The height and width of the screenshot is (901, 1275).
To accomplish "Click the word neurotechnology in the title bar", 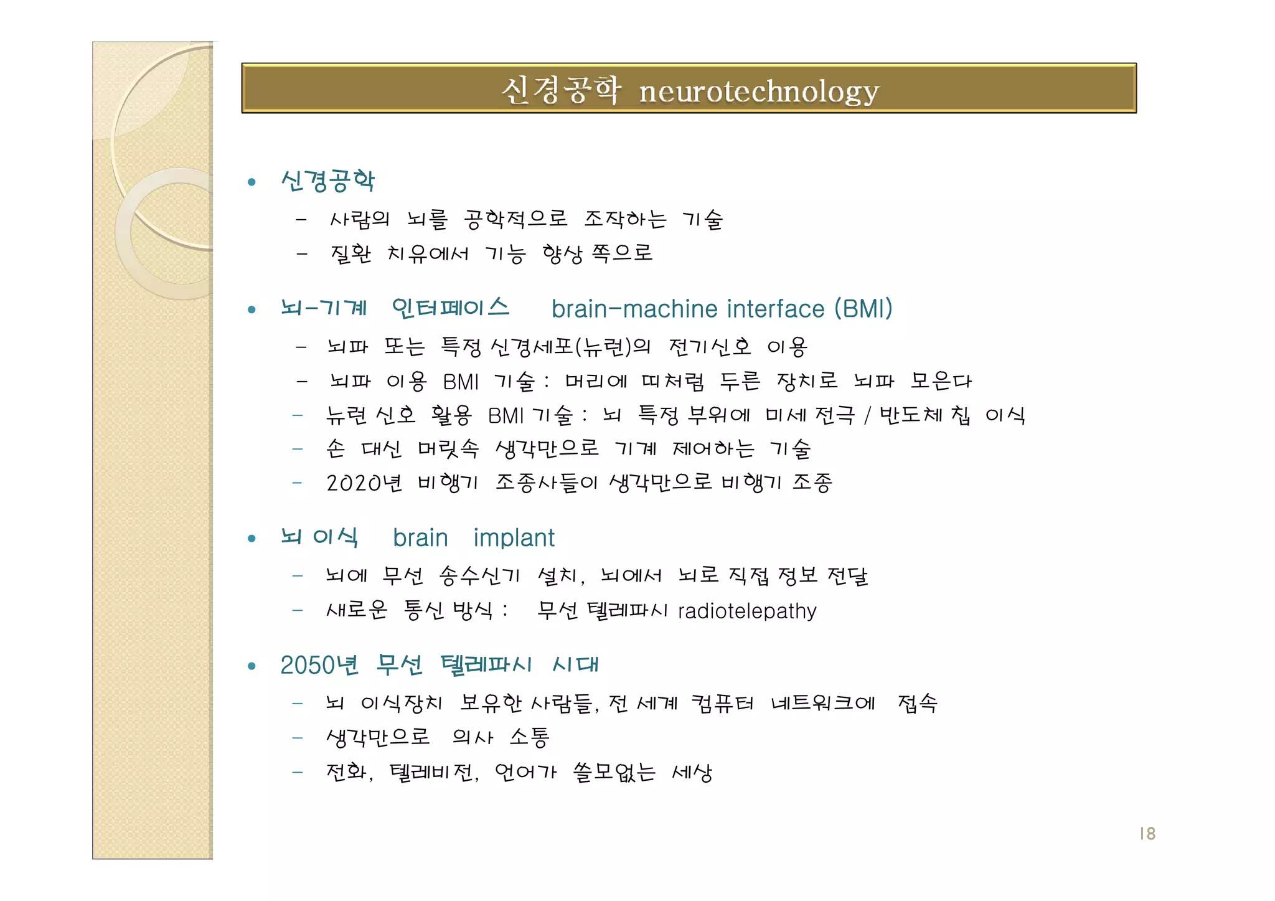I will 759,92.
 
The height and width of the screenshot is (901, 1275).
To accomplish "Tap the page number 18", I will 1147,834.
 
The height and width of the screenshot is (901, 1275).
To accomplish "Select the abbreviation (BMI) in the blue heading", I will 863,309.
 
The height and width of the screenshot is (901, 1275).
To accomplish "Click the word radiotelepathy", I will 747,611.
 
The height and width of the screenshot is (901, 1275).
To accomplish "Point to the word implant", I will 514,538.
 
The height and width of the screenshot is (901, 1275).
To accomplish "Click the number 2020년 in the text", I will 364,483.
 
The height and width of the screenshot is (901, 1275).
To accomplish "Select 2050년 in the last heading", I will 319,665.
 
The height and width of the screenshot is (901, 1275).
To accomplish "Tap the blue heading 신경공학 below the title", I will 328,181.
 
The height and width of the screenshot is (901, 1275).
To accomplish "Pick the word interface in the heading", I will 776,309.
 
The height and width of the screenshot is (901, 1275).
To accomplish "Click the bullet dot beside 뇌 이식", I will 252,539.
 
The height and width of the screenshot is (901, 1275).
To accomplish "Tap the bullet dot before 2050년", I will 252,666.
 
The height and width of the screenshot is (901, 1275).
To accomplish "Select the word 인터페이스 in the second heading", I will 450,308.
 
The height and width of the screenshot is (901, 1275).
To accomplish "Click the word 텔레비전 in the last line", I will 433,773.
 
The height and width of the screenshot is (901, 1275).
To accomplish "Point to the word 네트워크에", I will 823,704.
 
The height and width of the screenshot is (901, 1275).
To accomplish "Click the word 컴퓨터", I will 722,704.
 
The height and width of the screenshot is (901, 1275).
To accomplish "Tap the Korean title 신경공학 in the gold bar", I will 561,91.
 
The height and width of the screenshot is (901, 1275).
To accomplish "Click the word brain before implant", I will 420,538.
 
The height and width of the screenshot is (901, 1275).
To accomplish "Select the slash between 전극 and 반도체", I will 867,415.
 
